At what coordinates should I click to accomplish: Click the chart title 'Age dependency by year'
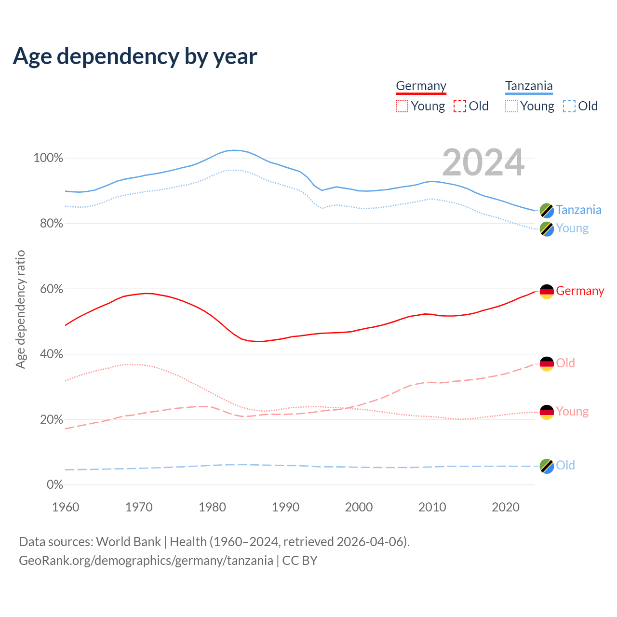(x=135, y=56)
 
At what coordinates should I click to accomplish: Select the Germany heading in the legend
(x=421, y=86)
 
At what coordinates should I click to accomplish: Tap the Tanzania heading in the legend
(x=529, y=86)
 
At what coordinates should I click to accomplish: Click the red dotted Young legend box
(x=402, y=106)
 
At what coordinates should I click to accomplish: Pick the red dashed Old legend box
(x=460, y=106)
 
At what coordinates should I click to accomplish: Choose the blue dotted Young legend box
(x=511, y=106)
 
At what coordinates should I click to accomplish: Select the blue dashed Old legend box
(x=569, y=106)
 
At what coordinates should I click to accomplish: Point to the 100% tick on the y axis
(x=48, y=158)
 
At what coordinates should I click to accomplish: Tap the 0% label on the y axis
(x=54, y=485)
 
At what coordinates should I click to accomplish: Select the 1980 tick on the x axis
(x=213, y=507)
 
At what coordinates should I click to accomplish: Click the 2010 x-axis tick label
(x=432, y=507)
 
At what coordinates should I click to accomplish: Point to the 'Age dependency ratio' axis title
(x=20, y=309)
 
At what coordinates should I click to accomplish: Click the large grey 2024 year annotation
(x=483, y=162)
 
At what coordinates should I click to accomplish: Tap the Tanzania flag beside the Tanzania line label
(x=547, y=210)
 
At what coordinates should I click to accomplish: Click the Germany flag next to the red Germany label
(x=547, y=292)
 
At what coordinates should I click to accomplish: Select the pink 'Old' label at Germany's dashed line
(x=565, y=363)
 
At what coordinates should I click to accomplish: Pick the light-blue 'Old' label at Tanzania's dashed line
(x=565, y=465)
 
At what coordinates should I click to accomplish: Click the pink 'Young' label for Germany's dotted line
(x=572, y=411)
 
